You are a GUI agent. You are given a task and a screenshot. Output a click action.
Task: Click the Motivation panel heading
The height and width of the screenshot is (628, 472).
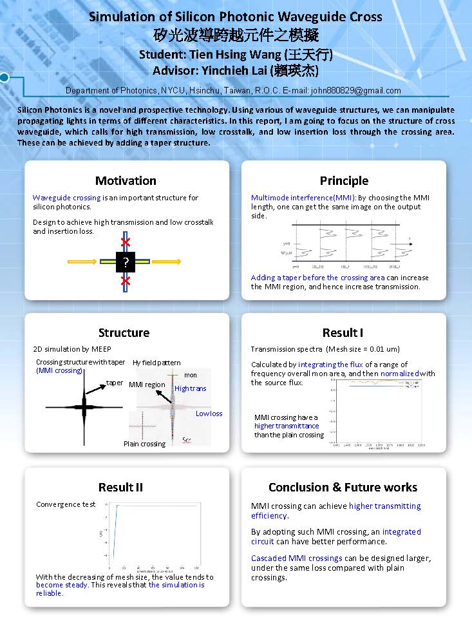point(126,180)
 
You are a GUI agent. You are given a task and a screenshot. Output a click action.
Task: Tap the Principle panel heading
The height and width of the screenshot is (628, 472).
point(344,180)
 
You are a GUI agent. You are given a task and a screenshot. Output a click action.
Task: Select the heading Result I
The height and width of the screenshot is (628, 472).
point(343,332)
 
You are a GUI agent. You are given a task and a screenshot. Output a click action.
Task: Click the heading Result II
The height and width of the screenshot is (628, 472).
point(120,487)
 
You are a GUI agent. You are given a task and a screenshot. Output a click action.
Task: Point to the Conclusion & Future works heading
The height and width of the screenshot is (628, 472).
point(343,487)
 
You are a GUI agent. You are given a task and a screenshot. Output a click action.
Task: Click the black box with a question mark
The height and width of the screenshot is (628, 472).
point(126,262)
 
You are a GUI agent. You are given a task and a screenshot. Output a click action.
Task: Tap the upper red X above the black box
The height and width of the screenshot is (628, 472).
point(126,242)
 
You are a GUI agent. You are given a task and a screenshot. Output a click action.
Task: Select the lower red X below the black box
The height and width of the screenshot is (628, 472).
point(126,281)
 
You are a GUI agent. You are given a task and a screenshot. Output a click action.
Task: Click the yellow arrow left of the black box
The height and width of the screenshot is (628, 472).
point(84,262)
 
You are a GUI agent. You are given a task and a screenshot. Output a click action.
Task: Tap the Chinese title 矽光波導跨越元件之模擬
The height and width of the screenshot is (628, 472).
point(236,35)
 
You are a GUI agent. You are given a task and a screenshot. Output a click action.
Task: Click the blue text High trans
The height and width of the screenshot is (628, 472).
point(191,388)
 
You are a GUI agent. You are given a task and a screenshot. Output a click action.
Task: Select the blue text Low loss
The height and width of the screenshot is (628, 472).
point(209,414)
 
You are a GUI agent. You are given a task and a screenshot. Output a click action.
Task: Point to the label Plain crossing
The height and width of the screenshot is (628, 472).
point(144,444)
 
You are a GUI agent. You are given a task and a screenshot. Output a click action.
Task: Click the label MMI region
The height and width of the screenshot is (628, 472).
point(147,385)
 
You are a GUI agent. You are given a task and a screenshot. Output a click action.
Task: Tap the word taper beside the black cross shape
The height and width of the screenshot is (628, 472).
point(115,383)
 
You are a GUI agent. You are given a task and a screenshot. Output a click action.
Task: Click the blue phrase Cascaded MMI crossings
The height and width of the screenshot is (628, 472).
point(296,558)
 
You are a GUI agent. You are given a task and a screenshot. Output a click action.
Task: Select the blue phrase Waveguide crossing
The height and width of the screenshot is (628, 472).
point(66,198)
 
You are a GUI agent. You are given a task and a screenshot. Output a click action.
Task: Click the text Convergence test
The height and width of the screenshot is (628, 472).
point(66,504)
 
